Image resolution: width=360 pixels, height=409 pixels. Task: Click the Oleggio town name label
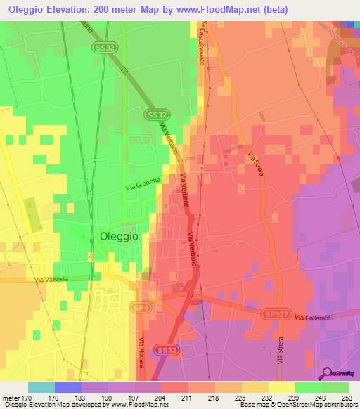click(x=124, y=237)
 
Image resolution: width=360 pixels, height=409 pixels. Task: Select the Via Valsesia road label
click(x=53, y=280)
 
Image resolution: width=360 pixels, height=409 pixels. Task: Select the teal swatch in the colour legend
click(x=41, y=387)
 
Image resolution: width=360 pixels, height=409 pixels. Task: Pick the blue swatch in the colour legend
click(x=68, y=387)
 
